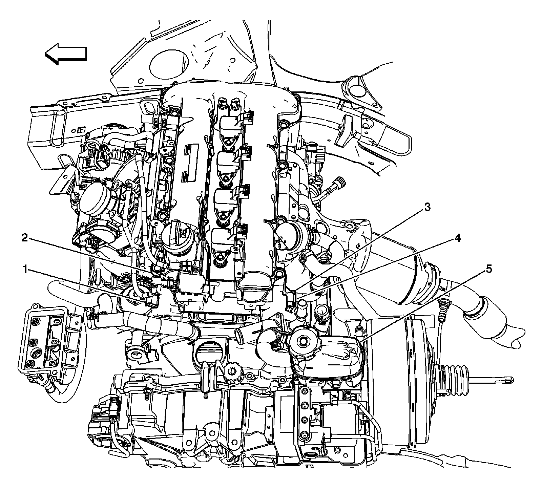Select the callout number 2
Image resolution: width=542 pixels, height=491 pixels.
coord(25,238)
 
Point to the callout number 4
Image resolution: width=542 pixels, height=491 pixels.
coord(457,238)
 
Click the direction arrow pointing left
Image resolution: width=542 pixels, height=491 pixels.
coord(66,53)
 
